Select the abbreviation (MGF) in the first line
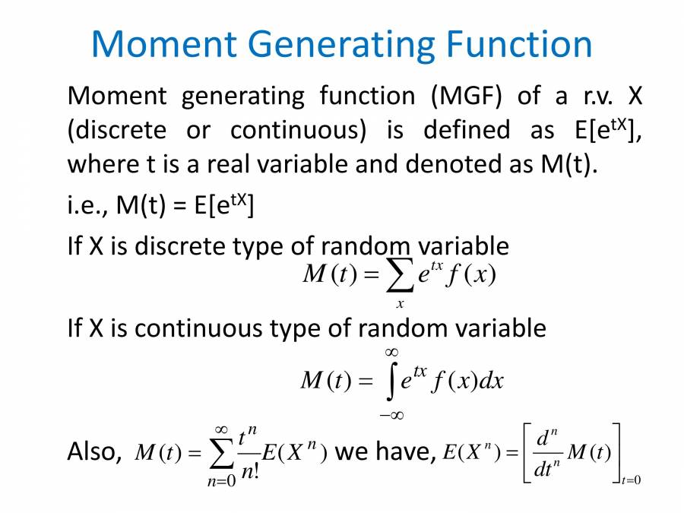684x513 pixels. [461, 97]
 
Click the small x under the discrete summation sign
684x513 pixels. [399, 304]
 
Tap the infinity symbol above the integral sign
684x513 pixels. [391, 352]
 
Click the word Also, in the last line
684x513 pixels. [95, 452]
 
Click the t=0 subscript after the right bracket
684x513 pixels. [632, 480]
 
